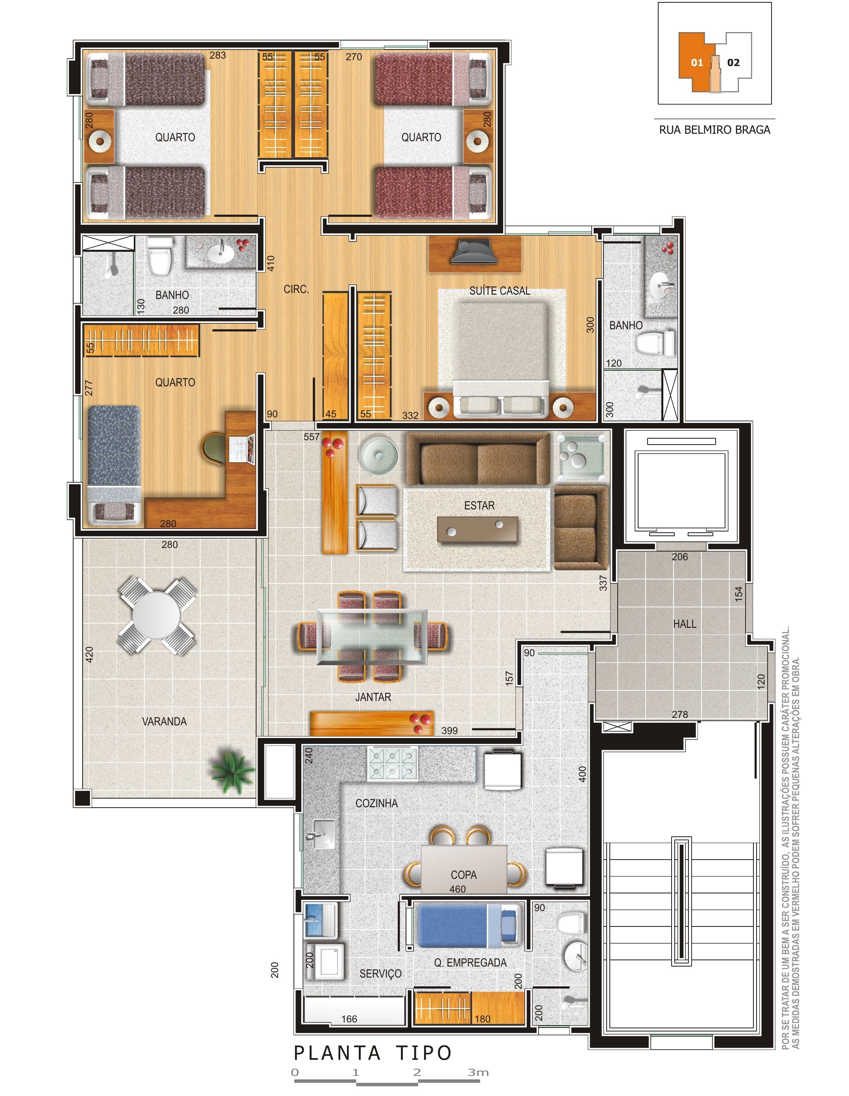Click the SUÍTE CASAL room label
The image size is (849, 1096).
click(x=499, y=291)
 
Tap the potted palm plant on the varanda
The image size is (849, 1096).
click(x=232, y=772)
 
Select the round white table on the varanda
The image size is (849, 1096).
click(x=157, y=615)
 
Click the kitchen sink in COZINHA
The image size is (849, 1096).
click(x=324, y=834)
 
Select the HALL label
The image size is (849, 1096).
click(x=685, y=624)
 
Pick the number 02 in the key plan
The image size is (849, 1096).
click(x=733, y=63)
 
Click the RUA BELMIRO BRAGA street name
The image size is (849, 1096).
click(x=714, y=130)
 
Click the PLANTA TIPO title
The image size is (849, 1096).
click(x=373, y=1052)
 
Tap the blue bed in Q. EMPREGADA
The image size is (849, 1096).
click(x=469, y=925)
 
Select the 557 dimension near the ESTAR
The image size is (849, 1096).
click(x=311, y=437)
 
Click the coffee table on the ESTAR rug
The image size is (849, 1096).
click(x=477, y=530)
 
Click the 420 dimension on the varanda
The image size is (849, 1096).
click(x=89, y=654)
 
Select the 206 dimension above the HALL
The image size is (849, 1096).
click(x=680, y=557)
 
